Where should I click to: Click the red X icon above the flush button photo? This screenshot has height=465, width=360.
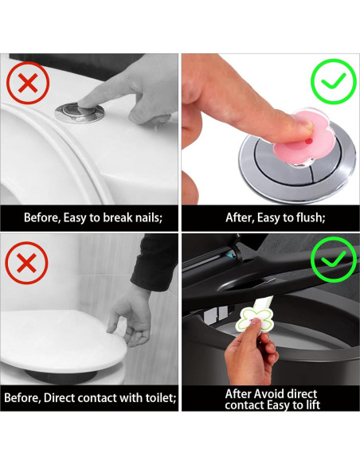click(28, 83)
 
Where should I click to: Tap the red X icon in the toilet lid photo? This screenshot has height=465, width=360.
click(26, 263)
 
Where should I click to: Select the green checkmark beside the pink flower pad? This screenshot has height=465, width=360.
click(333, 81)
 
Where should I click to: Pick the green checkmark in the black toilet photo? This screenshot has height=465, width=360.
click(333, 260)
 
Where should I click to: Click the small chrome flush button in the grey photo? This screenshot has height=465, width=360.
click(80, 113)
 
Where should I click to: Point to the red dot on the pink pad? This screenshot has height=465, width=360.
click(309, 142)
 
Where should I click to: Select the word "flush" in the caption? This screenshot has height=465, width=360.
click(311, 217)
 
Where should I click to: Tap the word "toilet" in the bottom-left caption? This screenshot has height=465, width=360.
click(160, 397)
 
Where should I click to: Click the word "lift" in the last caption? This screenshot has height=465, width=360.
click(314, 404)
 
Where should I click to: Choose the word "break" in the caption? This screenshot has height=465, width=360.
click(117, 217)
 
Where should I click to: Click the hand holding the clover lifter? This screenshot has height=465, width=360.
click(252, 353)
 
